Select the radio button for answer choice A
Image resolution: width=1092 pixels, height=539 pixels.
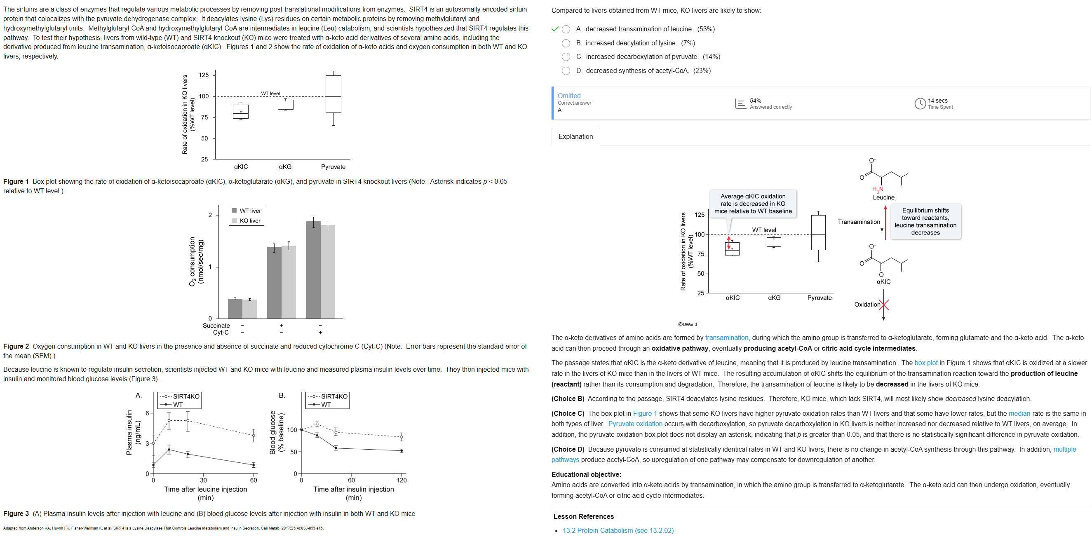tap(566, 29)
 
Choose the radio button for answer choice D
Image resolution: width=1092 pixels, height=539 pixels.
tap(566, 71)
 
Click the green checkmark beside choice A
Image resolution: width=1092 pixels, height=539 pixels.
tap(555, 29)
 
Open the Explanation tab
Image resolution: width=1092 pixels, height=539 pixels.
tap(575, 136)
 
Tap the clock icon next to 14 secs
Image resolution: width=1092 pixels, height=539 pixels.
tap(919, 103)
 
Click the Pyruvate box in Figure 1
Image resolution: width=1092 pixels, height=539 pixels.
tap(333, 94)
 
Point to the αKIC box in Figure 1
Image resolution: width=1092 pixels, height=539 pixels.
tap(241, 111)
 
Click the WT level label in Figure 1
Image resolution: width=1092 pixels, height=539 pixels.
tap(270, 93)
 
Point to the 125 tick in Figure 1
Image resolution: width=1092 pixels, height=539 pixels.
tap(204, 75)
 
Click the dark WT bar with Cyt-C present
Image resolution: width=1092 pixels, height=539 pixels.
tap(313, 269)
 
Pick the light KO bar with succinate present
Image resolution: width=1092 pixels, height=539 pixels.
tap(289, 282)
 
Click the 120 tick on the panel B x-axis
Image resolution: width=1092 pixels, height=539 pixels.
tap(402, 480)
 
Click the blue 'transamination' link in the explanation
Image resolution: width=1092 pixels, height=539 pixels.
tap(727, 338)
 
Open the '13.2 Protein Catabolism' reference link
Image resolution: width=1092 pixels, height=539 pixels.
tap(618, 530)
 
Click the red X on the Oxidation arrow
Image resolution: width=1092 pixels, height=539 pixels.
tap(884, 304)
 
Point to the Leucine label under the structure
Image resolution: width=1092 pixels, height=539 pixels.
tap(883, 197)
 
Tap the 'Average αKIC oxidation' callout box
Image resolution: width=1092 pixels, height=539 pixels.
tap(753, 204)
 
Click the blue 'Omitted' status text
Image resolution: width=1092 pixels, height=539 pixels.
tap(569, 96)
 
